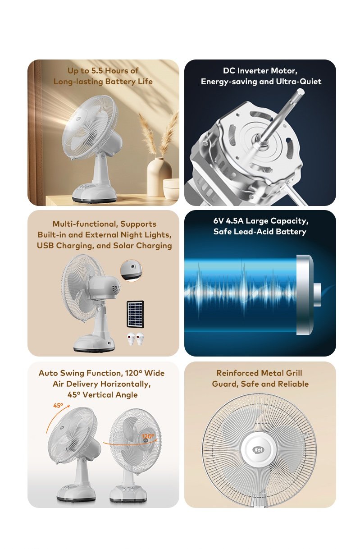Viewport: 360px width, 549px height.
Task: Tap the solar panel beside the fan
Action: tap(135, 314)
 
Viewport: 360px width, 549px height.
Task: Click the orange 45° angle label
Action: tap(58, 405)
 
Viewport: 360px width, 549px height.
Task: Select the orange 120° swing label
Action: tap(148, 436)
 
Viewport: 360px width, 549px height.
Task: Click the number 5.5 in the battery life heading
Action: tap(97, 71)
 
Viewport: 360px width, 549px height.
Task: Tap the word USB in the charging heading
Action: tap(46, 246)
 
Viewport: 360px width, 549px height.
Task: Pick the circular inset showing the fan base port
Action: tap(132, 270)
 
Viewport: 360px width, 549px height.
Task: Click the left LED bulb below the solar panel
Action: tap(132, 339)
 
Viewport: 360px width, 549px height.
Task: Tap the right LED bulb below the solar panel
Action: tap(140, 339)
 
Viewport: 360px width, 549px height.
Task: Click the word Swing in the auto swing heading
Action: tap(72, 373)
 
